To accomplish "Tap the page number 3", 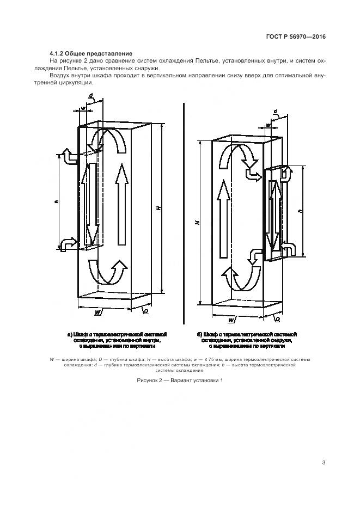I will click(324, 463).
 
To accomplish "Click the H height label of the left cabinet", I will click(157, 208).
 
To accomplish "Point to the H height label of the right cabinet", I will click(198, 222).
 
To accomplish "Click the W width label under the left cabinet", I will click(96, 312).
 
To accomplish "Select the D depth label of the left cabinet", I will click(146, 312).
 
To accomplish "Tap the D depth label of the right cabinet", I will click(277, 318).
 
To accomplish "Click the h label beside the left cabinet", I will click(57, 202).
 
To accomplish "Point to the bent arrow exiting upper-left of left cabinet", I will click(70, 156).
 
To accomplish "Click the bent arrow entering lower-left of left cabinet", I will click(69, 242).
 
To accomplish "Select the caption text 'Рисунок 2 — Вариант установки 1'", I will click(180, 380).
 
